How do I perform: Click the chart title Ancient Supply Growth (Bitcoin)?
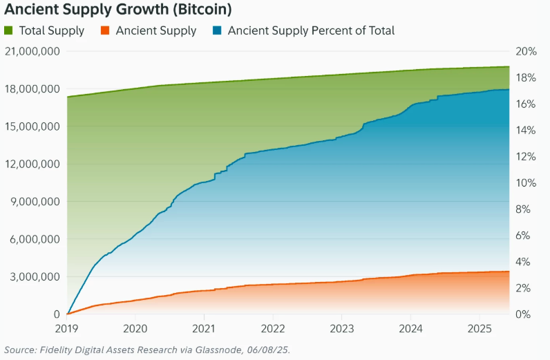(117, 10)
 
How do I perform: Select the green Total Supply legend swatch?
(9, 31)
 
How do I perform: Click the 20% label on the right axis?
(526, 52)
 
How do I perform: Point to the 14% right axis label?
(526, 131)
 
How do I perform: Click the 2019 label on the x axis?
(67, 328)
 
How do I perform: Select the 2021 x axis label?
(204, 328)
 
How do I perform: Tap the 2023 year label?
(342, 328)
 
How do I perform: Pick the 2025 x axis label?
(480, 328)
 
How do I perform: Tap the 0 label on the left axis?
(56, 314)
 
